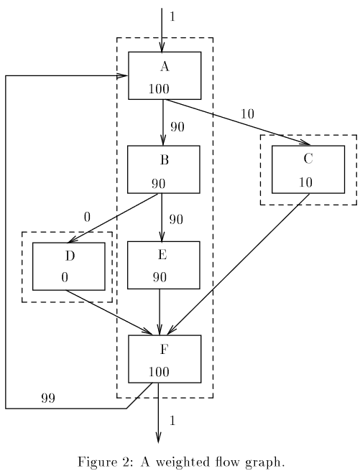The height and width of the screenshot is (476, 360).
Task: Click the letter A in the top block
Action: (x=165, y=66)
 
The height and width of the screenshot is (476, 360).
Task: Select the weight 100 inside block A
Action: (x=159, y=88)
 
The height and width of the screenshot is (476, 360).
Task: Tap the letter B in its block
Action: (x=165, y=159)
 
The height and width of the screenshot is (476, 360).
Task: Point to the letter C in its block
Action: (x=308, y=159)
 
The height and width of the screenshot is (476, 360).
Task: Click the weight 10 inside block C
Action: (x=305, y=182)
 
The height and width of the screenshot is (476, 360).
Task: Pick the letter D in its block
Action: (x=70, y=256)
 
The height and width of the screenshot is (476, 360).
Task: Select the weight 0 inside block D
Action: (x=65, y=277)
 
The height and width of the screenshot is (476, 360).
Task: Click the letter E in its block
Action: (x=162, y=254)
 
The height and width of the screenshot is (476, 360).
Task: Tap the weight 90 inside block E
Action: (x=160, y=277)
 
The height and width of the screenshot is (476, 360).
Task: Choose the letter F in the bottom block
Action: (x=164, y=350)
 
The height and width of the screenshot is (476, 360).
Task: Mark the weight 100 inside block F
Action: (x=159, y=372)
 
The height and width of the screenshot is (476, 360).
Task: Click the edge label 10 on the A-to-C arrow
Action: (x=247, y=114)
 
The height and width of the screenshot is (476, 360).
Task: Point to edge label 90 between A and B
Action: (x=177, y=127)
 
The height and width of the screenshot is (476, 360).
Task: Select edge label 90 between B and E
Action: (x=176, y=219)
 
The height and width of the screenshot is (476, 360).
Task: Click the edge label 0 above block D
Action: (x=87, y=217)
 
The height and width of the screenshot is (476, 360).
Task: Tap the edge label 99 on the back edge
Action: (x=48, y=398)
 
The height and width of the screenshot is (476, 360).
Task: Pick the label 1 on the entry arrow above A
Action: (x=172, y=17)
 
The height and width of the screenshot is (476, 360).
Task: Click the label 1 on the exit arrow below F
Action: (x=172, y=421)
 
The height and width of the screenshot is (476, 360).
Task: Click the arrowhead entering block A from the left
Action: (x=123, y=75)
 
